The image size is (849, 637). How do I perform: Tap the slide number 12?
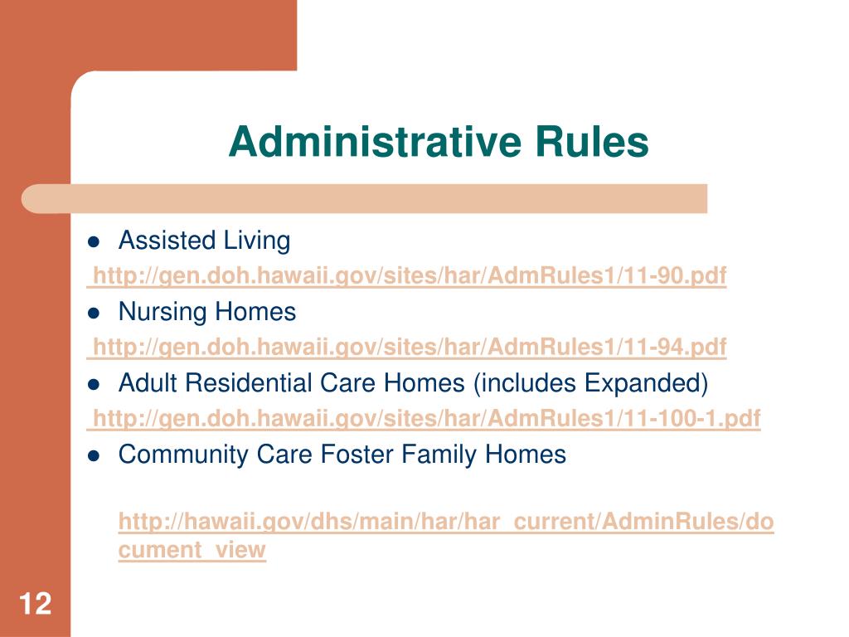click(x=35, y=603)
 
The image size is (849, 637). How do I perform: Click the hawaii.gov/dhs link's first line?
click(x=446, y=523)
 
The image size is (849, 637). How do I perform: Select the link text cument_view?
click(x=192, y=550)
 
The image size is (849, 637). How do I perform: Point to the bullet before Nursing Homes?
click(x=94, y=314)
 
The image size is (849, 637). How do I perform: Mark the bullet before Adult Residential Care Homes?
click(x=94, y=385)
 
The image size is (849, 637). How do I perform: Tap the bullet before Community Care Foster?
click(x=94, y=455)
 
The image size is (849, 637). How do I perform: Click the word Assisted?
click(x=166, y=241)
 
